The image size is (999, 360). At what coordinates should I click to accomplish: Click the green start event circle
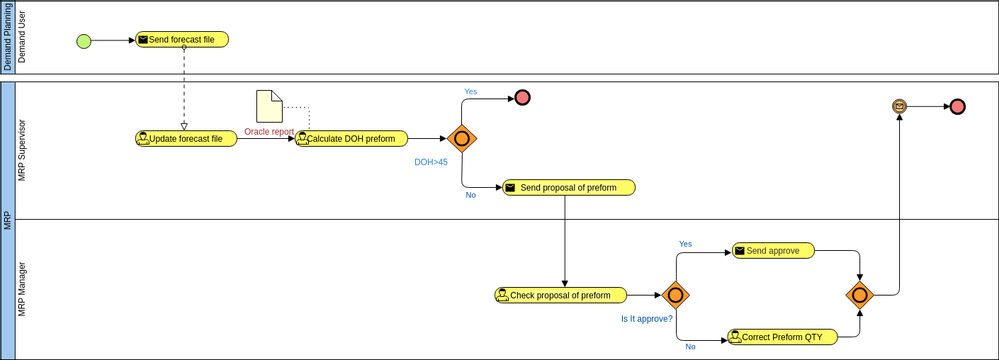point(84,41)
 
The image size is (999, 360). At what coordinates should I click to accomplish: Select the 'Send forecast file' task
point(182,40)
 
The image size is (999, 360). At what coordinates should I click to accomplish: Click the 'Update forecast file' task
point(186,139)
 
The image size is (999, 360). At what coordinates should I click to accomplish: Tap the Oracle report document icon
point(269,107)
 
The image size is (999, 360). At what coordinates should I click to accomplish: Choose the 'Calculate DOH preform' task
point(351,139)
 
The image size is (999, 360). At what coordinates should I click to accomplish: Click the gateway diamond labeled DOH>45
point(461,139)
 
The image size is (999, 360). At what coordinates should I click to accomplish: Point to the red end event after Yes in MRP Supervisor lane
point(521,98)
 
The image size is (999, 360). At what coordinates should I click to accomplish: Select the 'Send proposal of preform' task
point(568,188)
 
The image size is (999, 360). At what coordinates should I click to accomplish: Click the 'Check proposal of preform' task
point(560,295)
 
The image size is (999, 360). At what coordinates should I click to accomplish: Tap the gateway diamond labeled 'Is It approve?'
point(676,295)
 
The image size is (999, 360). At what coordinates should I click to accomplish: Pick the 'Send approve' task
point(773,251)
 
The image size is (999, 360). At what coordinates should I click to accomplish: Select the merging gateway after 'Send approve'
point(860,295)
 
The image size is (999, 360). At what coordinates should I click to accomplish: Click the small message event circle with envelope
point(899,106)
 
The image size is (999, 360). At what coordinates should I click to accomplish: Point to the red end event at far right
point(957,106)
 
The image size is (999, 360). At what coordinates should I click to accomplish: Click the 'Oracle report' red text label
point(269,131)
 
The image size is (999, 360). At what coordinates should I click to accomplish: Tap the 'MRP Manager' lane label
point(24,289)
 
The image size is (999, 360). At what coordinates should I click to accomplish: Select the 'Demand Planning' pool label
point(8,37)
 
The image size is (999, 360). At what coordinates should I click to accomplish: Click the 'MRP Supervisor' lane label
point(24,150)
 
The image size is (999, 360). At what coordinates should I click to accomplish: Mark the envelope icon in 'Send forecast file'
point(143,40)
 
